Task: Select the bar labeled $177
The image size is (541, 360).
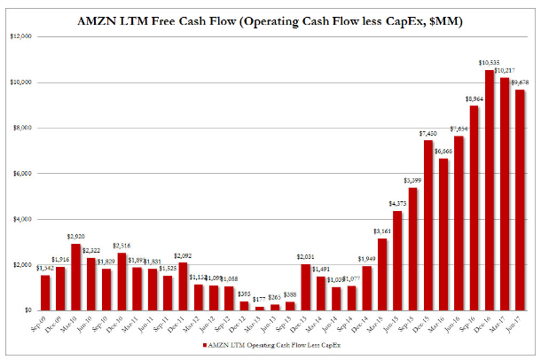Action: (x=260, y=308)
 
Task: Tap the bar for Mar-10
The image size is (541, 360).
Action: (x=76, y=277)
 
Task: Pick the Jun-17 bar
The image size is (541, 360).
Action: (x=521, y=200)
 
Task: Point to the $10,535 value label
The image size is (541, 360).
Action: (x=489, y=62)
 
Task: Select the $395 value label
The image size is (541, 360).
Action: (x=245, y=293)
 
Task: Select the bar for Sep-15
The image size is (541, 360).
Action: (x=413, y=249)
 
